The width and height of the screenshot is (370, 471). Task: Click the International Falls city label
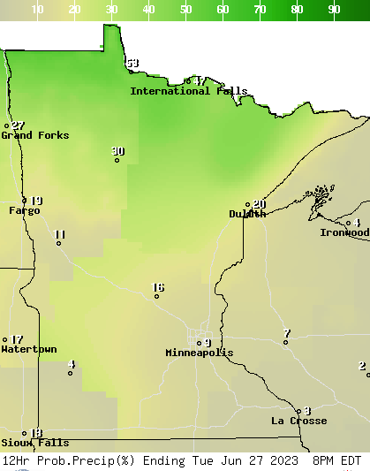188,91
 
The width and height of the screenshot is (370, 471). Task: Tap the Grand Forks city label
34,135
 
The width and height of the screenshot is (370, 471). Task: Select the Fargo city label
24,210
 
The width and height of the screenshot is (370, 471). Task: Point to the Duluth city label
247,214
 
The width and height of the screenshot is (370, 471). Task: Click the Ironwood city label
344,232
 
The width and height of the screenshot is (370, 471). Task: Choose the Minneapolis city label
200,353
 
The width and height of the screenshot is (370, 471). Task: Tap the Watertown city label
28,349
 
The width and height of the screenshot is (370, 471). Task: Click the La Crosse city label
298,421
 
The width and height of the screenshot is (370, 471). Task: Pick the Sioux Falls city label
34,443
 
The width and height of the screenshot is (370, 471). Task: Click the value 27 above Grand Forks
18,126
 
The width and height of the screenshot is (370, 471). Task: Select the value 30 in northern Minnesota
118,151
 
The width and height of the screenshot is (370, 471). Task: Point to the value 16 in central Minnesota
158,287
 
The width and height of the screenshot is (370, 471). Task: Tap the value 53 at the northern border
132,64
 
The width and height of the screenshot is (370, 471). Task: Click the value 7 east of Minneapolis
286,333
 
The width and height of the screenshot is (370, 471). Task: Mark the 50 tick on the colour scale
186,10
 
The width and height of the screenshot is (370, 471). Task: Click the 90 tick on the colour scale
335,10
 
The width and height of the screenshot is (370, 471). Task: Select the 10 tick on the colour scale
38,10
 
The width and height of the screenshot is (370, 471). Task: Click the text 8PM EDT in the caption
336,460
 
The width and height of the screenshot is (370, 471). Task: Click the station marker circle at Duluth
248,206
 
